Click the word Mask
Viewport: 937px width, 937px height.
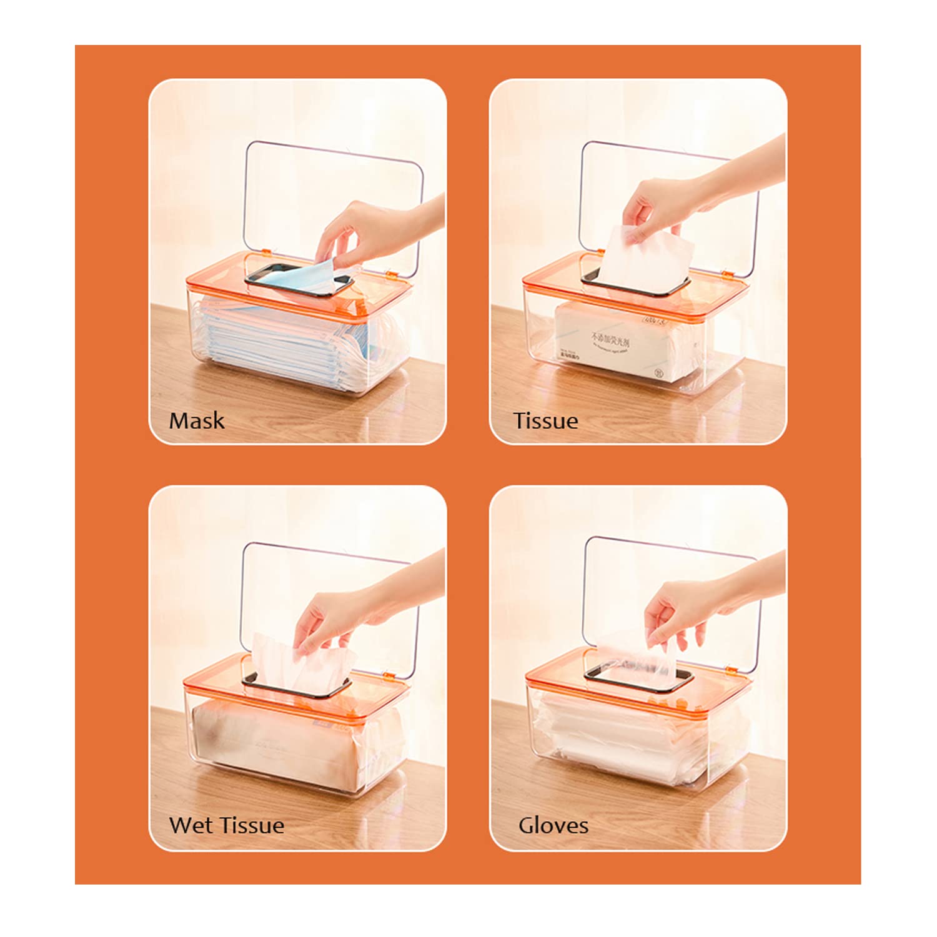pyautogui.click(x=196, y=420)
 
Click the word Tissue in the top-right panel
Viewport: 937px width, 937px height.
pyautogui.click(x=545, y=420)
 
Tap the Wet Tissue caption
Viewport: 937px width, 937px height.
pyautogui.click(x=226, y=825)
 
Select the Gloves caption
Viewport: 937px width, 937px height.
pyautogui.click(x=553, y=825)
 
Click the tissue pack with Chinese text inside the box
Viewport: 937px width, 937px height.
pyautogui.click(x=618, y=344)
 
